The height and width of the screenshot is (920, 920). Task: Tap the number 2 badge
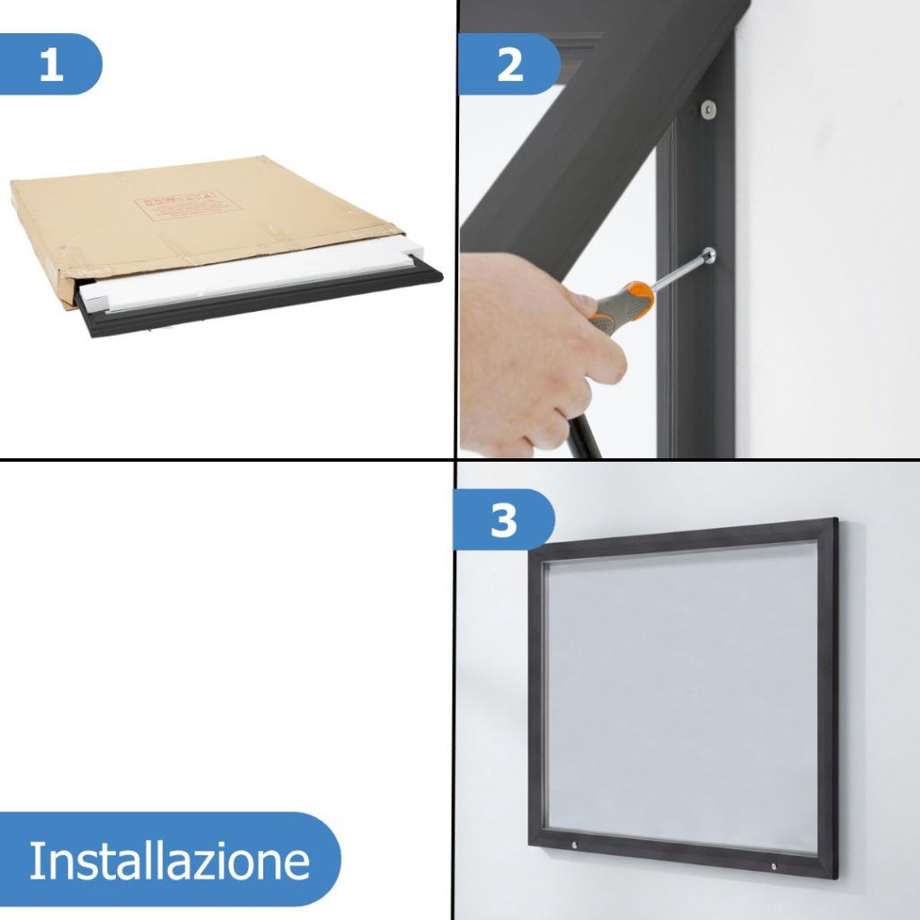point(509,65)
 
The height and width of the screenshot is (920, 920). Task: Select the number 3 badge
point(503,520)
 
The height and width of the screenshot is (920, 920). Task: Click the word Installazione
point(169,861)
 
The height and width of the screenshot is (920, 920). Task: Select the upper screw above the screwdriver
point(709,108)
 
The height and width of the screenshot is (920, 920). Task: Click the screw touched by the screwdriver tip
point(709,257)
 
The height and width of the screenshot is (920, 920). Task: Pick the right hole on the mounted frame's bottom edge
point(774,866)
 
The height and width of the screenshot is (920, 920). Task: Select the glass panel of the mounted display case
point(683,696)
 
